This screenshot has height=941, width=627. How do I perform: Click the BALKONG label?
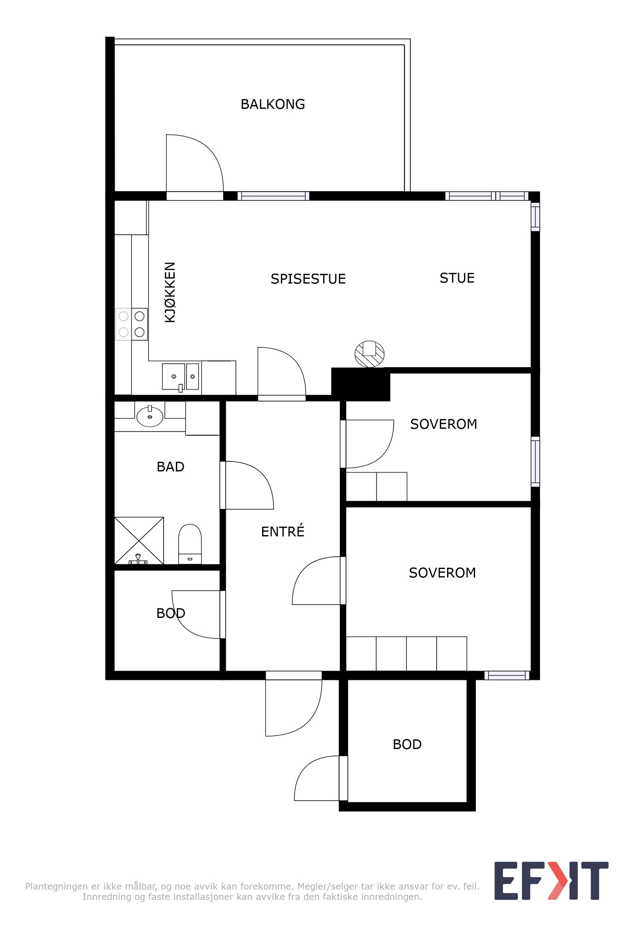pos(273,104)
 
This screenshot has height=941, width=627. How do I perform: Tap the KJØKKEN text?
pos(170,292)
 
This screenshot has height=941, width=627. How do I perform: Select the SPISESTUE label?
pos(308,279)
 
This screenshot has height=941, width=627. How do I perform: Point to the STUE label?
pos(457,278)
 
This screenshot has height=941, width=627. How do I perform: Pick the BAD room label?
pos(170,467)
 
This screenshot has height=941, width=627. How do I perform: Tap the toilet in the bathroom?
pos(190,544)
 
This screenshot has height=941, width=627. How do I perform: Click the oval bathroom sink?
pos(150,416)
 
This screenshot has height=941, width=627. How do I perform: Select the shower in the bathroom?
pos(139,541)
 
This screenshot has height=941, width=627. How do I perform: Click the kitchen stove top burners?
pos(132,324)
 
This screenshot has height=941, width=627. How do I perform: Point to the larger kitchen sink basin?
pos(174,376)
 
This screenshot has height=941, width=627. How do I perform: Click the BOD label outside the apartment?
pos(407,745)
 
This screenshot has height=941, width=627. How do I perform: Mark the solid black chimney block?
pos(361,384)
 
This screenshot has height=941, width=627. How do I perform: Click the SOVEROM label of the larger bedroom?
pos(442,573)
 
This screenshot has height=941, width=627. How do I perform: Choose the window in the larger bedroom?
pos(507,675)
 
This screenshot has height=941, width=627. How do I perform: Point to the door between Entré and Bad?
pos(223,485)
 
